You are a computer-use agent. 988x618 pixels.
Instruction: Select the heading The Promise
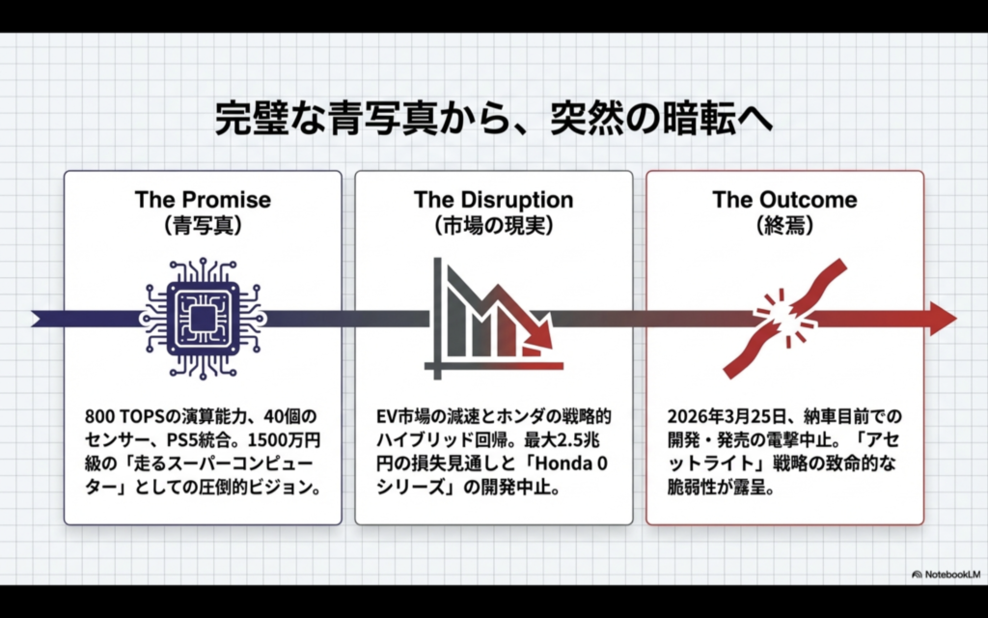(203, 200)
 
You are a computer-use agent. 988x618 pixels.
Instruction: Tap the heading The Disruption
(493, 200)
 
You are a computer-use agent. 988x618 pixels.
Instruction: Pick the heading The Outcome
(784, 200)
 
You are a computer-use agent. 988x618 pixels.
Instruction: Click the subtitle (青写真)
(203, 229)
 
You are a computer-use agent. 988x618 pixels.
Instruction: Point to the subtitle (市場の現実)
(493, 229)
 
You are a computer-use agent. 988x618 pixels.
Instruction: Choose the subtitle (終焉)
(784, 229)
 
